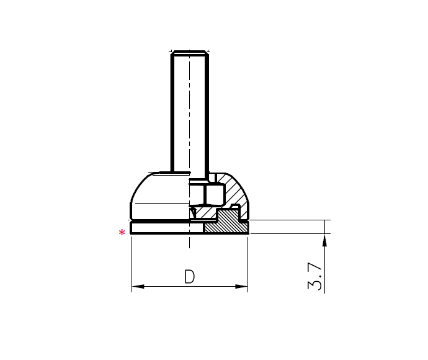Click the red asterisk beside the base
coord(122,233)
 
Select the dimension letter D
coord(190,276)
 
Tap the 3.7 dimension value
coord(315,276)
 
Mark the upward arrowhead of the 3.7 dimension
coord(324,240)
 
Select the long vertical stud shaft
coord(190,112)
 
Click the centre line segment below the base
coord(189,242)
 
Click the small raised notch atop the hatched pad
coord(235,205)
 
